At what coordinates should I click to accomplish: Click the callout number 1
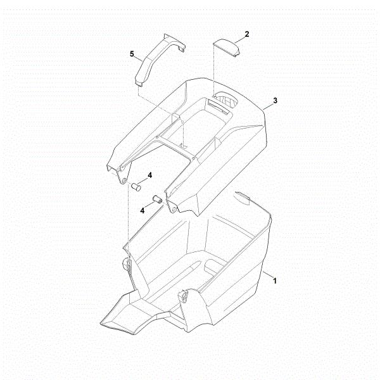[275, 281]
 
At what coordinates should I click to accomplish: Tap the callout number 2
[247, 34]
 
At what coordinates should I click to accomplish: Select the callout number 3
[275, 101]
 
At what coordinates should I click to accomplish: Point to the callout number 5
[132, 54]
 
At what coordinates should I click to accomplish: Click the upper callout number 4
[150, 175]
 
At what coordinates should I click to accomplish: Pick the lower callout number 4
[142, 210]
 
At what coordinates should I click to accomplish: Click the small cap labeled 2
[226, 47]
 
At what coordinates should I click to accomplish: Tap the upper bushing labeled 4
[136, 187]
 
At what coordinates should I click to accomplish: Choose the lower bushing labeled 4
[157, 200]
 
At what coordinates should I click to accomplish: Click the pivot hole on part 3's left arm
[124, 180]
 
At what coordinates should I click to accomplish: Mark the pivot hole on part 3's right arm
[174, 210]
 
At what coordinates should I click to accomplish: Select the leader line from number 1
[267, 275]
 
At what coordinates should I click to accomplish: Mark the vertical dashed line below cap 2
[214, 70]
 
